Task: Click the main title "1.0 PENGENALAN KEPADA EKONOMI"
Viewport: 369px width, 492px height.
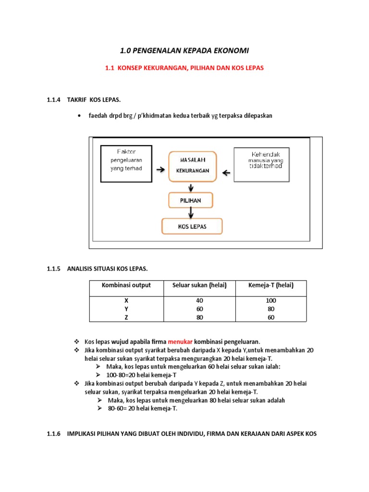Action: coord(184,50)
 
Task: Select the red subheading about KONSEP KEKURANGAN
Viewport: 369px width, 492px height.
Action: coord(184,68)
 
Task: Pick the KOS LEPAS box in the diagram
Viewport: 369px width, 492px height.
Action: coord(191,226)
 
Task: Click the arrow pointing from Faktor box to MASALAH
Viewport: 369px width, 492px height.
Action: coord(160,170)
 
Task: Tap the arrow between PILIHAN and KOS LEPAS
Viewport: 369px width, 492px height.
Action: coord(191,212)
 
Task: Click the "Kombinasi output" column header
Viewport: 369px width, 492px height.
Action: coord(126,285)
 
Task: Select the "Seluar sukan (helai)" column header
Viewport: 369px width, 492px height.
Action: coord(199,285)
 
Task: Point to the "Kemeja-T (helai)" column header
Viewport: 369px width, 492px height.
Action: coord(270,285)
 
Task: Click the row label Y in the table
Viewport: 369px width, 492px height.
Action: coord(126,309)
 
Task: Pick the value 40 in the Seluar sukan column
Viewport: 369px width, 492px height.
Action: coord(200,300)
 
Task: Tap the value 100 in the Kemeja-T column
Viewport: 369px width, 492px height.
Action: coord(270,300)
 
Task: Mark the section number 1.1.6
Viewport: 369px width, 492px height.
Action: coord(54,433)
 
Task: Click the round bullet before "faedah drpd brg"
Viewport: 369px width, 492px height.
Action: coord(78,116)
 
